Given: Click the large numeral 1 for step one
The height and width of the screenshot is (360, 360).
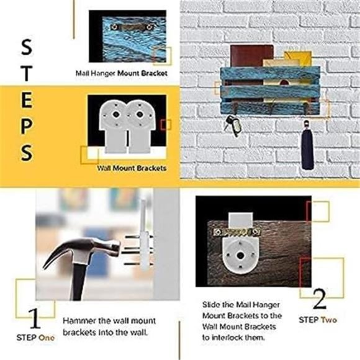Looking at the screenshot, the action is pos(35,318).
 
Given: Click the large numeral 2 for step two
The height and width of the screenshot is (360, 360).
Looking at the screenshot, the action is pos(319,299).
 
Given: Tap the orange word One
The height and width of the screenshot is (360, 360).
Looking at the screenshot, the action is pos(47,338).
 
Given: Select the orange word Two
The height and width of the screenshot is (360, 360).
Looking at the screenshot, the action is pos(328,320).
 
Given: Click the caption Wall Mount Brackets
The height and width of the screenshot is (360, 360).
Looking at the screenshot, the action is pos(132,168).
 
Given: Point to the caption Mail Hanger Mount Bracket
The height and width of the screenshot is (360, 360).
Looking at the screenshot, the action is pos(122,73).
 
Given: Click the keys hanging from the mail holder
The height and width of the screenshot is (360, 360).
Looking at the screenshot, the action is pos(233,125).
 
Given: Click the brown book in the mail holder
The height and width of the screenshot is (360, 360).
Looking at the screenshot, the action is pos(251,56).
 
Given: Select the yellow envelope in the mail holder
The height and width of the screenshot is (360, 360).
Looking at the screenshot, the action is pos(298,59).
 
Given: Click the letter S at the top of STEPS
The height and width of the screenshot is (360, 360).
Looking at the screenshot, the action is pos(27,47).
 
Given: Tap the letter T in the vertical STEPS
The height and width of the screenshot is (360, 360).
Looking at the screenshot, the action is pos(27,73).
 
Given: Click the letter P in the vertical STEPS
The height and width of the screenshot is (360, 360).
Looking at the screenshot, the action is pos(27,126).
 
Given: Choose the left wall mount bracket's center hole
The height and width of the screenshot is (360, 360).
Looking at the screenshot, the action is pos(115,114).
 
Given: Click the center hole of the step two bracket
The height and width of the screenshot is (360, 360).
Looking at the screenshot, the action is pos(240,255).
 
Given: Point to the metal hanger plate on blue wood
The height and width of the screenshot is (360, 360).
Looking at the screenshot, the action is pos(132,27).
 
